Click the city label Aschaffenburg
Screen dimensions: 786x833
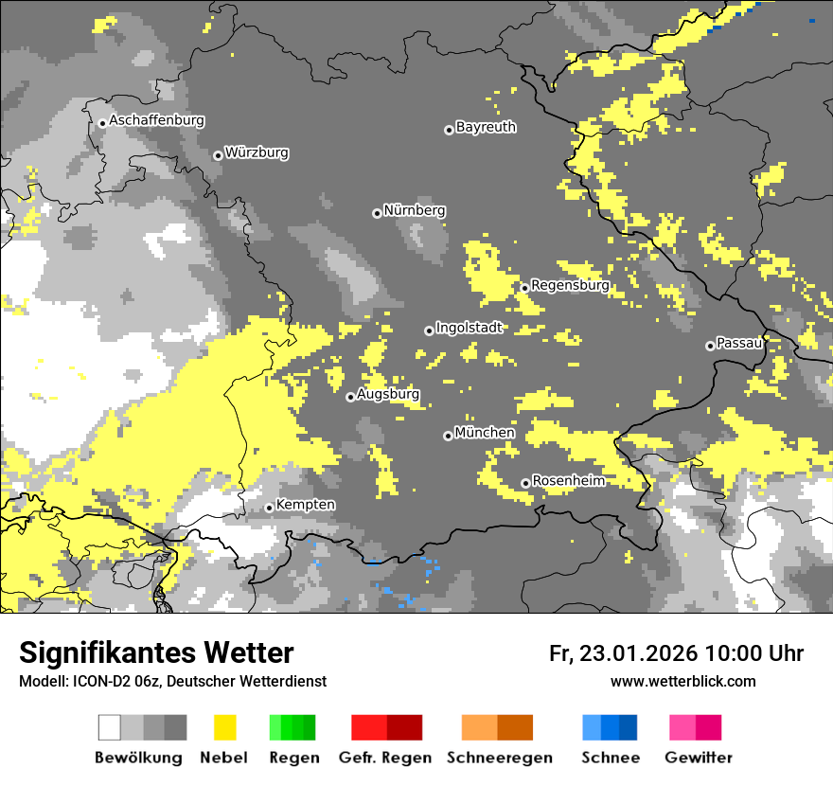tap(156, 121)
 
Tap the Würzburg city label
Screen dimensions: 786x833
tap(257, 153)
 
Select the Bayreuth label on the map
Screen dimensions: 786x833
tap(486, 127)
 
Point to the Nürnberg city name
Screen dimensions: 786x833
tap(414, 210)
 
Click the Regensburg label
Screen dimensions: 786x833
tap(570, 285)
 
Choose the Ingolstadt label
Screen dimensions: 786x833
tap(469, 329)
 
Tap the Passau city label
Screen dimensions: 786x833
tap(739, 343)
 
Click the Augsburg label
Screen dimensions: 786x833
tap(388, 394)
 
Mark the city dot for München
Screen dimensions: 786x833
tap(448, 436)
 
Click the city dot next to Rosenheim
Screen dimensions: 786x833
tap(525, 484)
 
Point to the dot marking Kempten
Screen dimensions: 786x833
tap(270, 508)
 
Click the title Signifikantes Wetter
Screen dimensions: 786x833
tap(156, 653)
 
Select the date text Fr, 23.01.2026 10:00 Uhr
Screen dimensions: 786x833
tap(676, 653)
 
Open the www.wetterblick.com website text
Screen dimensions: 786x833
tap(682, 681)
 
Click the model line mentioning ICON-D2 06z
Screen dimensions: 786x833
tap(172, 681)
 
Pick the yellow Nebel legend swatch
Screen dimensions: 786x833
tap(224, 727)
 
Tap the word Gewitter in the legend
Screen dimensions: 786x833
tap(698, 758)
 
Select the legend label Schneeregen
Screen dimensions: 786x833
tap(499, 758)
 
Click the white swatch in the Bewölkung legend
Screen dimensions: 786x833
tap(110, 727)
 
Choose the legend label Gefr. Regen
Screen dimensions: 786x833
tap(385, 758)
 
